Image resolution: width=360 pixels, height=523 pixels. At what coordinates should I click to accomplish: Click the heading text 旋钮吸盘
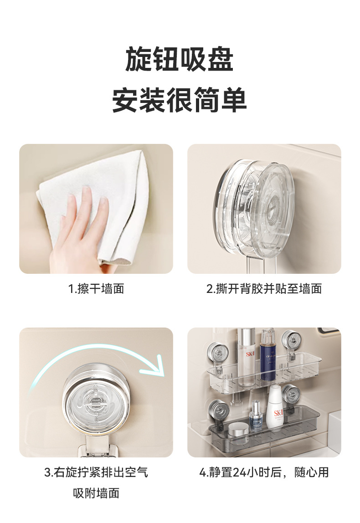click(180, 59)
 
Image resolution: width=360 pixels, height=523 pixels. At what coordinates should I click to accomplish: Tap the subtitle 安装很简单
click(180, 100)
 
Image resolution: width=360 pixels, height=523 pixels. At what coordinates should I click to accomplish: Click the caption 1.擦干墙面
click(96, 288)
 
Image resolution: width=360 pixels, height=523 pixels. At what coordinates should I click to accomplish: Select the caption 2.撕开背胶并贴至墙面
click(264, 288)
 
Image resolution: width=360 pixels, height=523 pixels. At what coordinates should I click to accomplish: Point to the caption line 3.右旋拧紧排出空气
click(96, 472)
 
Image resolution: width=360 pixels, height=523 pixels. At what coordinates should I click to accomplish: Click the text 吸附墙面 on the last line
click(96, 493)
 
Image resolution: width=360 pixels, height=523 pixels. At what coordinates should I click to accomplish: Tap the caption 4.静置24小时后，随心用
click(264, 472)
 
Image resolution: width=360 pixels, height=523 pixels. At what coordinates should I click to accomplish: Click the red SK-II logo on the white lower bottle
click(278, 414)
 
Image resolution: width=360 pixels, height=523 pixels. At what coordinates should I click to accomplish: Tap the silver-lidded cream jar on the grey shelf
click(239, 429)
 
